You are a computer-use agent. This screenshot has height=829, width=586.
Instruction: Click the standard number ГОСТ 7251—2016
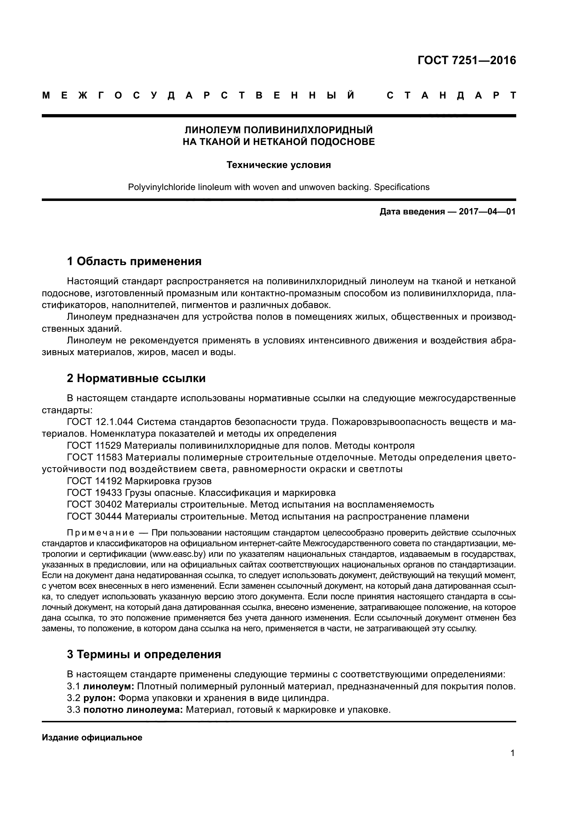[467, 60]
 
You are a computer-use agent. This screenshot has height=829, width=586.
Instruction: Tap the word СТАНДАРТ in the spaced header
[451, 96]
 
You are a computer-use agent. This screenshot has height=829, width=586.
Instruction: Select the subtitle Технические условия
[278, 165]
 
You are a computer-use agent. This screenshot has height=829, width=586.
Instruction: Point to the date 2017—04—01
[487, 212]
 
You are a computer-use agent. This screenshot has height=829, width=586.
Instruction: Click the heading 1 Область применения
[134, 261]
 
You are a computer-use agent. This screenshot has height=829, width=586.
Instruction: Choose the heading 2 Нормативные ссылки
[136, 379]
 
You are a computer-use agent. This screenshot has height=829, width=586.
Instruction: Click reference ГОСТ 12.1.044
[100, 422]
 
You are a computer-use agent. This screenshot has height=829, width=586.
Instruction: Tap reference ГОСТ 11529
[95, 445]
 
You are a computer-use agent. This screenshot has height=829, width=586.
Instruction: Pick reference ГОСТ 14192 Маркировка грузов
[139, 481]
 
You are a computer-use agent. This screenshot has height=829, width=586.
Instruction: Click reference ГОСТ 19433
[95, 493]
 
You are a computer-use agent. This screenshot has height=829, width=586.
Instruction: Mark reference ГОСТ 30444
[95, 516]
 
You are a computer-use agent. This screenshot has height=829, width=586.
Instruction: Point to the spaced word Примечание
[101, 533]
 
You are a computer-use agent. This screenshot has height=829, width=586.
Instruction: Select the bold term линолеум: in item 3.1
[109, 687]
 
